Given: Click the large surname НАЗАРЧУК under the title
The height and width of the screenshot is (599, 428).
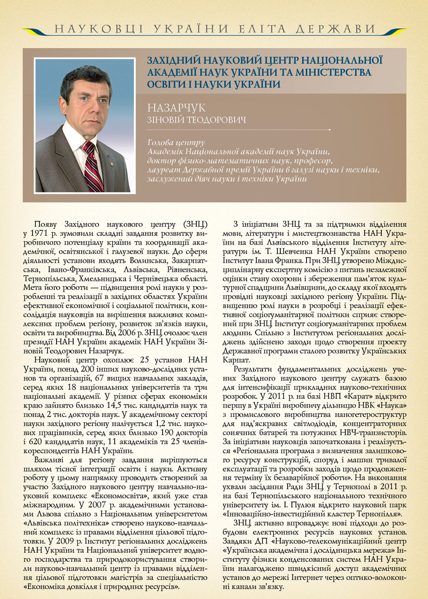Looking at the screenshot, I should click(x=176, y=107).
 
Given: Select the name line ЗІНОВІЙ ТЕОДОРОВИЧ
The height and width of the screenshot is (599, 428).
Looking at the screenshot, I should click(x=196, y=120).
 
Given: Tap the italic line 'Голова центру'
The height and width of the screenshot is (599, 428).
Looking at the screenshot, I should click(x=176, y=142).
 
